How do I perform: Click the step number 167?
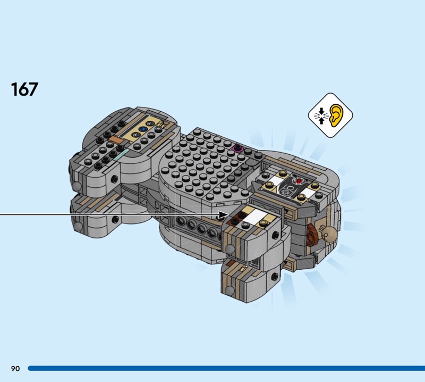click(x=24, y=89)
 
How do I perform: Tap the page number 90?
click(x=15, y=368)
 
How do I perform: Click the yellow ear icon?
click(x=337, y=115)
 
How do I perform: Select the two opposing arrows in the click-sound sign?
click(x=321, y=116)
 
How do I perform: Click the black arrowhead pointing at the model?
click(x=224, y=215)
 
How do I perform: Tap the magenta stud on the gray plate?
click(x=237, y=148)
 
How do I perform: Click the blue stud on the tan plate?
click(x=142, y=129)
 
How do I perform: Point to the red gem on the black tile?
click(x=299, y=180)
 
